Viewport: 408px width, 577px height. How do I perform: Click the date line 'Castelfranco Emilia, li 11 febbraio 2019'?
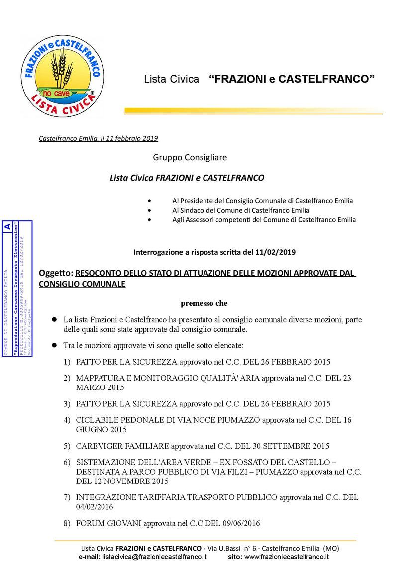[99, 138]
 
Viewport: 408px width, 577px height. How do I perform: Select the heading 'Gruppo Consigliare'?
[190, 157]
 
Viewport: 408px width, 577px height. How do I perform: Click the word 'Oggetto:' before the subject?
[56, 273]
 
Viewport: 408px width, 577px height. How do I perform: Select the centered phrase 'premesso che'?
[204, 303]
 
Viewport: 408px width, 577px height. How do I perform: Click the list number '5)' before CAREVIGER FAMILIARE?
[67, 446]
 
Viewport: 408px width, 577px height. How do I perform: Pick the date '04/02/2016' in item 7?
[95, 507]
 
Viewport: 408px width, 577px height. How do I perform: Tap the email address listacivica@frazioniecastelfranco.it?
[155, 557]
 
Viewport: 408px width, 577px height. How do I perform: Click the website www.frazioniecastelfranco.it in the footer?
[287, 557]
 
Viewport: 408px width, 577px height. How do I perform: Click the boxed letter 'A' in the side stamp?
[21, 226]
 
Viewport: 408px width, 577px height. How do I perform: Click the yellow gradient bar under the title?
[253, 111]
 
